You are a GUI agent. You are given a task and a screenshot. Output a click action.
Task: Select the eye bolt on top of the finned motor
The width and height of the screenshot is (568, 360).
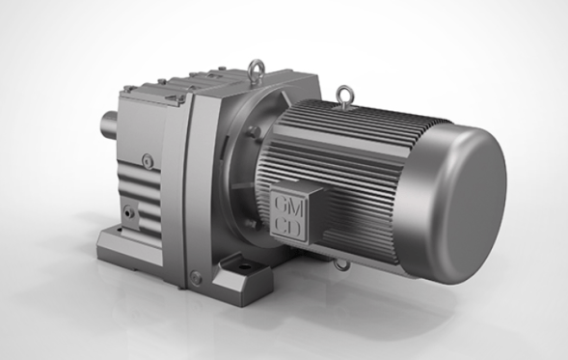tap(342, 94)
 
